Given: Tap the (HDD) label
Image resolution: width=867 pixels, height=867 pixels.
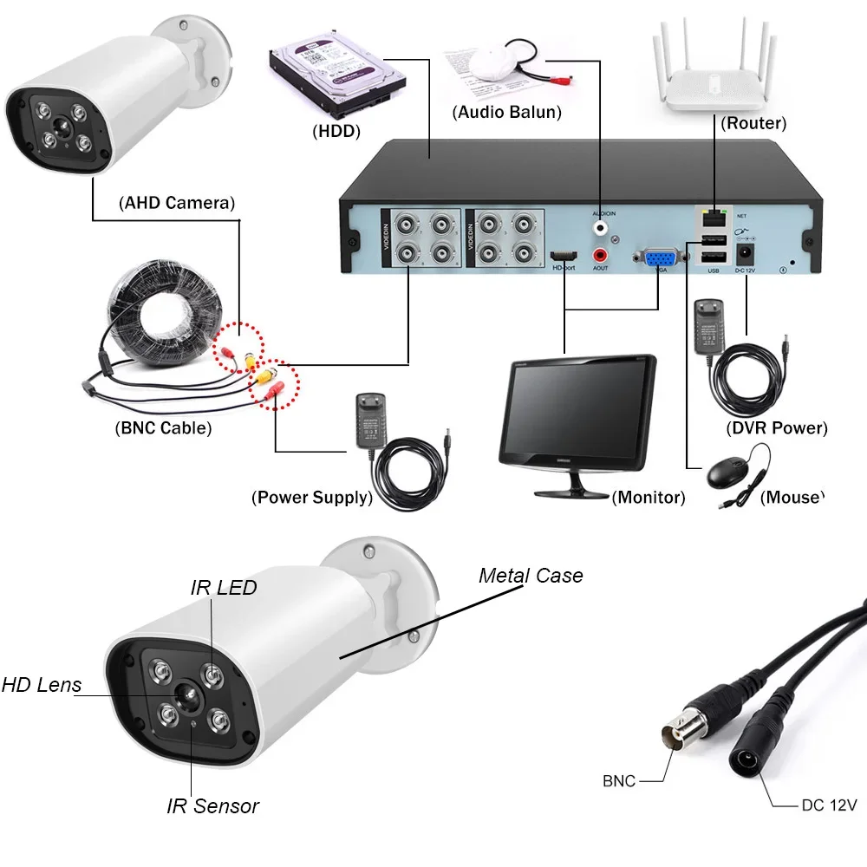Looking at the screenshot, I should pyautogui.click(x=336, y=131).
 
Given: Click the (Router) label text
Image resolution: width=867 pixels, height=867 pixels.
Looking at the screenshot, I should pyautogui.click(x=753, y=124).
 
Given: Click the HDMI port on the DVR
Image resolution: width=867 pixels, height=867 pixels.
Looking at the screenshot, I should pyautogui.click(x=564, y=257).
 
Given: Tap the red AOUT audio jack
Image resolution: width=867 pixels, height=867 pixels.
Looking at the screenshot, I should pyautogui.click(x=599, y=256).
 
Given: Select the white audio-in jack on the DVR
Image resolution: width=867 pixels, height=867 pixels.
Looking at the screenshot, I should pyautogui.click(x=599, y=227).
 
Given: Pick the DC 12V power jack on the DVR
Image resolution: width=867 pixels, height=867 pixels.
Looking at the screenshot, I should pyautogui.click(x=745, y=254).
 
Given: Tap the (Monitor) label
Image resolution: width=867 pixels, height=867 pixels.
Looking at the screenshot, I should pyautogui.click(x=648, y=498).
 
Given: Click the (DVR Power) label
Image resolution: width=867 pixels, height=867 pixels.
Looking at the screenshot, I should pyautogui.click(x=776, y=427).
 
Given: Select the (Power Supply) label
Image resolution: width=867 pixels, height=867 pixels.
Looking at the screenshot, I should pyautogui.click(x=312, y=498).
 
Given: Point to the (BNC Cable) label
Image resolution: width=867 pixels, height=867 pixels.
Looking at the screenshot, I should pyautogui.click(x=162, y=427).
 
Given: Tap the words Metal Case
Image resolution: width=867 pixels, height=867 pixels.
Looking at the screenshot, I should pyautogui.click(x=531, y=576).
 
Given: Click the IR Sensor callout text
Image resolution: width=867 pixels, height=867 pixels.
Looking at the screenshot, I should pyautogui.click(x=212, y=805).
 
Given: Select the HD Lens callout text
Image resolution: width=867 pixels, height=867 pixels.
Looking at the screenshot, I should pyautogui.click(x=41, y=685).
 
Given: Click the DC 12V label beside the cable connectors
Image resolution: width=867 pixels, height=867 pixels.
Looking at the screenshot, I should pyautogui.click(x=828, y=805).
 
